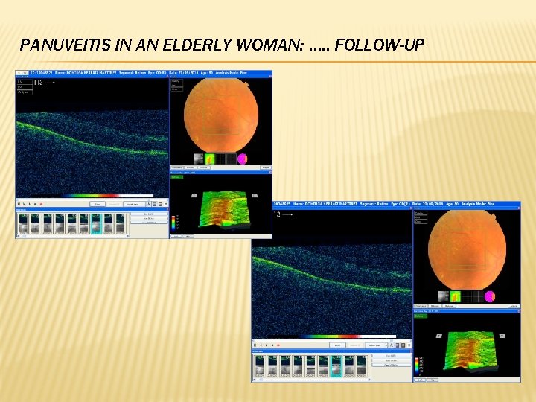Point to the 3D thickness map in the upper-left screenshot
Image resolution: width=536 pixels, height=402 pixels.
coord(220,209)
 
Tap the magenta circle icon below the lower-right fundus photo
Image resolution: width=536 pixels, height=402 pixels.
coord(490,296)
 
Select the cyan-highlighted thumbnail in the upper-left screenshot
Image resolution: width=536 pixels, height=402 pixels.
coord(96,223)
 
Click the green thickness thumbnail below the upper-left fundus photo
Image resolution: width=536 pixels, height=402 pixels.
coord(210,159)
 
